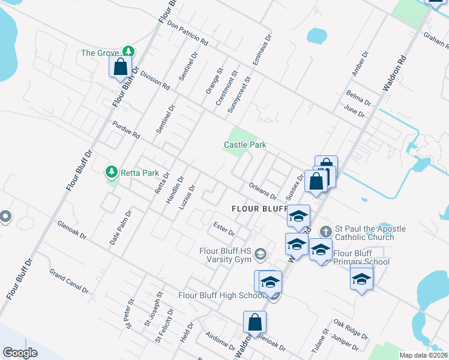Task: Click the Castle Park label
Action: pyautogui.click(x=245, y=145)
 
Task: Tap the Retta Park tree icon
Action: pyautogui.click(x=111, y=173)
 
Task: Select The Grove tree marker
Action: pyautogui.click(x=127, y=52)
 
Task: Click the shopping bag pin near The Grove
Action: pyautogui.click(x=121, y=67)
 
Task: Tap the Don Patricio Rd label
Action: pyautogui.click(x=187, y=34)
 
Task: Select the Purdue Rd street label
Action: pyautogui.click(x=125, y=130)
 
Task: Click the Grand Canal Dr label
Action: pyautogui.click(x=69, y=281)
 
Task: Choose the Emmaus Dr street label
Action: pyautogui.click(x=262, y=50)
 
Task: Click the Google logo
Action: pyautogui.click(x=20, y=352)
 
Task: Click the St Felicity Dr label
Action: pyautogui.click(x=164, y=326)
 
